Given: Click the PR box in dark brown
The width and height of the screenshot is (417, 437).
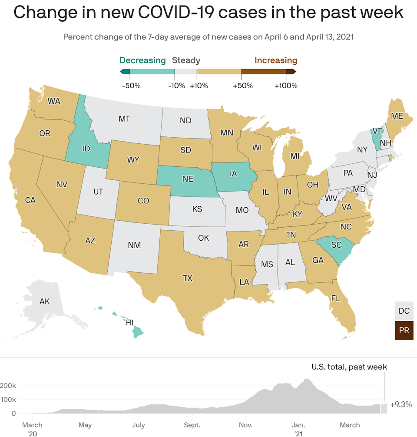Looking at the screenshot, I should [x=404, y=330].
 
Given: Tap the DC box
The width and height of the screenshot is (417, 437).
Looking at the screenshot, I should [x=404, y=311].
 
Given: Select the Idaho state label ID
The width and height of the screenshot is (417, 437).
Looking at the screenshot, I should [x=86, y=149].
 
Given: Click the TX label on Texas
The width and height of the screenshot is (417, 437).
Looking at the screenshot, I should [x=188, y=278].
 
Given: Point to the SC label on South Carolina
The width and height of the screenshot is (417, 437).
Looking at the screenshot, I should [x=336, y=245].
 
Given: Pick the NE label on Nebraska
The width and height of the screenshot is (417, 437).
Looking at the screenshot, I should [x=188, y=179].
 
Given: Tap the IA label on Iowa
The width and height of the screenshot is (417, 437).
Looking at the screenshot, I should [x=234, y=174].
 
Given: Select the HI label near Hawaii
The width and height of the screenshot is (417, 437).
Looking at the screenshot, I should [x=129, y=323].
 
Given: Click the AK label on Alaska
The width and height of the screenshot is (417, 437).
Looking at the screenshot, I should [x=45, y=301].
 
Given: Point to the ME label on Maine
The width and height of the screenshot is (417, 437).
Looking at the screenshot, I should [x=397, y=116].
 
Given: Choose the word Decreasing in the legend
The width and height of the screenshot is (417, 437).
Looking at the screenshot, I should [x=142, y=60].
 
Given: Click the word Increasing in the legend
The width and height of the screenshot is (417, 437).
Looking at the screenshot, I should [x=276, y=60].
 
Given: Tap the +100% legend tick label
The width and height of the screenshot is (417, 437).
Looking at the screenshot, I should [x=286, y=86].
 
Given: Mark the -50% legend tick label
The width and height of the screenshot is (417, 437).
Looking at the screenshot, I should [x=131, y=86].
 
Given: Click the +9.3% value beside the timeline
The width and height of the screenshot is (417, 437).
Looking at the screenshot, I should [x=400, y=405].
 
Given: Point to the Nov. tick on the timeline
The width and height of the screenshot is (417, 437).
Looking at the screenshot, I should [x=246, y=425].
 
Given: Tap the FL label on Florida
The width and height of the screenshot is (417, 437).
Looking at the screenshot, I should [x=335, y=298].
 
